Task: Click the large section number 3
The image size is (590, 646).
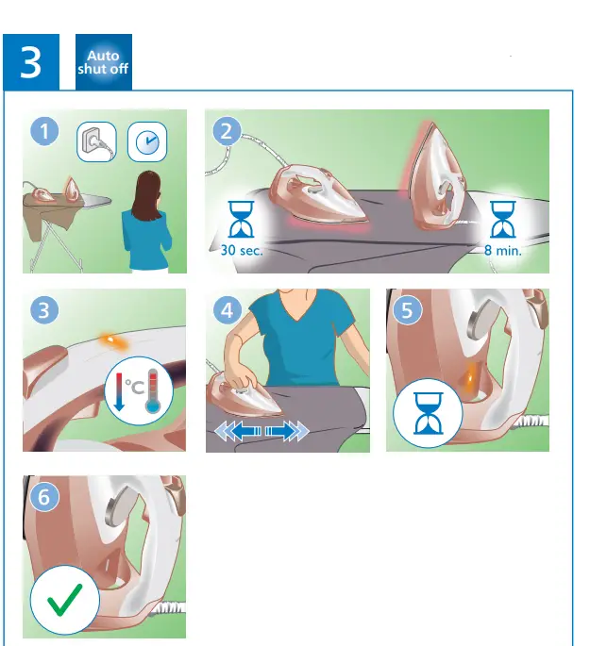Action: (x=31, y=62)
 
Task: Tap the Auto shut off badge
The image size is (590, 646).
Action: (x=104, y=62)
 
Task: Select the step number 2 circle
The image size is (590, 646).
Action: (x=226, y=132)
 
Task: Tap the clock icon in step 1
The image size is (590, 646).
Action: (x=146, y=141)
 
